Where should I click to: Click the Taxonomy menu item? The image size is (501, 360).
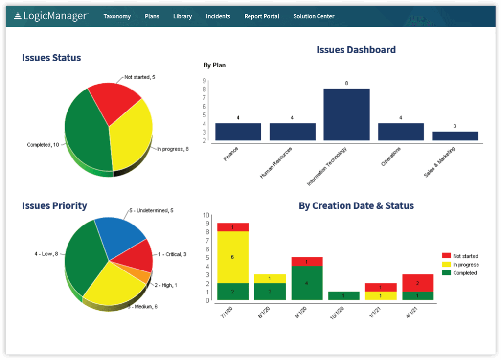(x=117, y=16)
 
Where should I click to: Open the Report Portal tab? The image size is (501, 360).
(x=262, y=16)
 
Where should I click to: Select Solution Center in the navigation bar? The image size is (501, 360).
(x=314, y=16)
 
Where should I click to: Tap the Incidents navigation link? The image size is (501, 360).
(x=218, y=16)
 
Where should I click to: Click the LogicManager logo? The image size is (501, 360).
(x=51, y=16)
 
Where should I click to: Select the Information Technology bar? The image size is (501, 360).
(x=346, y=115)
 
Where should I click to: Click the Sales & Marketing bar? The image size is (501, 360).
(x=455, y=136)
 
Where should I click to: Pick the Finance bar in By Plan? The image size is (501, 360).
(x=238, y=132)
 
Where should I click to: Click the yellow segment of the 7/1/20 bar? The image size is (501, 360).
(x=233, y=257)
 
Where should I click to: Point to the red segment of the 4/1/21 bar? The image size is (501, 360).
(x=418, y=283)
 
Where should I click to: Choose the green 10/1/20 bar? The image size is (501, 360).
(x=343, y=295)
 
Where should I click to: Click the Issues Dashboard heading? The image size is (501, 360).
(x=356, y=50)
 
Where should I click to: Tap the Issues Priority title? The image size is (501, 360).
(x=54, y=205)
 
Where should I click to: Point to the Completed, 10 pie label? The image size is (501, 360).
(x=43, y=145)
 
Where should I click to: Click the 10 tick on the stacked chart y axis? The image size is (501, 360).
(x=206, y=215)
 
